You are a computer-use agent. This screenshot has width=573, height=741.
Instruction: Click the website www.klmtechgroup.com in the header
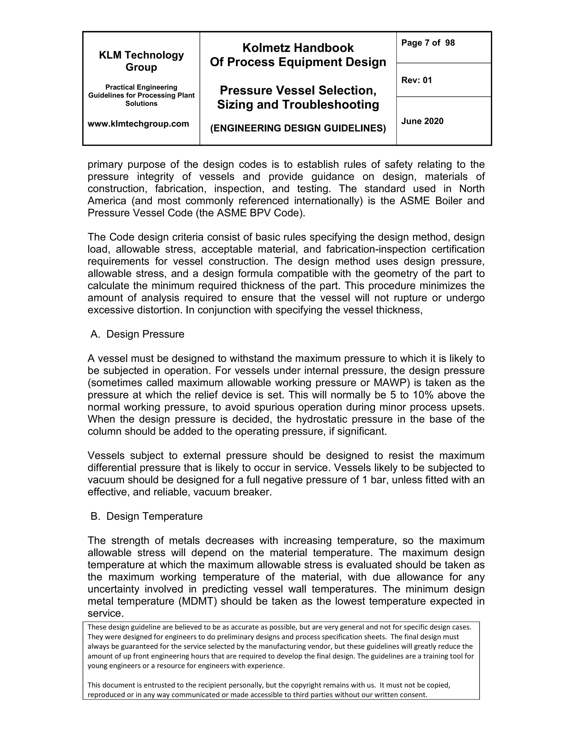(x=138, y=124)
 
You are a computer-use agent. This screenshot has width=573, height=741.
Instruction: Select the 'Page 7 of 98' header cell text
(x=428, y=43)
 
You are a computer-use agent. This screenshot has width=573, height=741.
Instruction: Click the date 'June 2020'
(x=422, y=121)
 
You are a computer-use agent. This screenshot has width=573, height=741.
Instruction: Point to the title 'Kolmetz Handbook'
(x=298, y=48)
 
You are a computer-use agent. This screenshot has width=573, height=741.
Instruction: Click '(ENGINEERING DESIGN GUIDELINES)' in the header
(x=298, y=128)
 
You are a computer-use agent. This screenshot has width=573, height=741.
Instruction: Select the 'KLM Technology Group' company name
(x=141, y=61)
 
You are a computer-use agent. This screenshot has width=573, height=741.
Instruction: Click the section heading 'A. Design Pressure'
(x=137, y=334)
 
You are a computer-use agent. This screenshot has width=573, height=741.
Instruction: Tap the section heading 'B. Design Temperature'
(x=146, y=516)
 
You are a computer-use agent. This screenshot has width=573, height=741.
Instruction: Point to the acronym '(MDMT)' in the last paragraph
(x=199, y=601)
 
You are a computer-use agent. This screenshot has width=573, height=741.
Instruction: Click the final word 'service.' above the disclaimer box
(x=105, y=613)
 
